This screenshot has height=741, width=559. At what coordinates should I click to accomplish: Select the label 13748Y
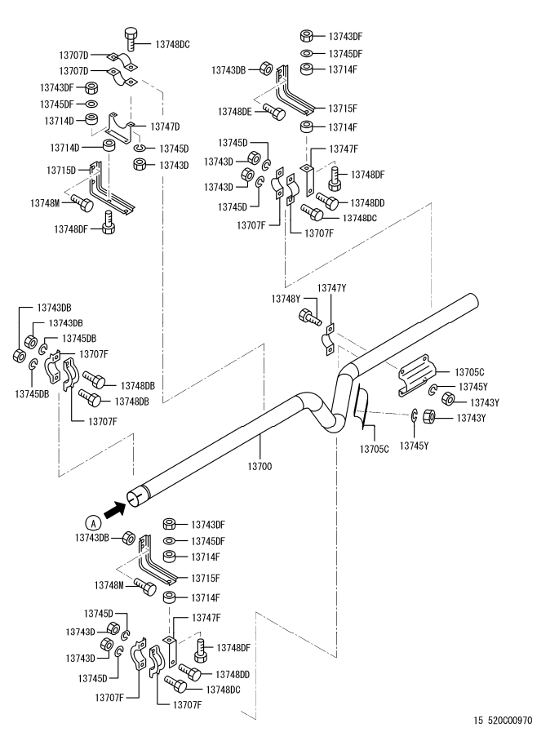point(286,300)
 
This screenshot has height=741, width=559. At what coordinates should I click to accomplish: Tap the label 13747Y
point(332,288)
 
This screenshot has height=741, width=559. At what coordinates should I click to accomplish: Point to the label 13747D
point(166,126)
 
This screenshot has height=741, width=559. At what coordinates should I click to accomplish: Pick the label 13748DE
point(234,111)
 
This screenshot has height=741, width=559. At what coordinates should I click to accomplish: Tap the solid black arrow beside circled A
point(115,509)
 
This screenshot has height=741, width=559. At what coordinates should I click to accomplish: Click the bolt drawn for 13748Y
point(308,316)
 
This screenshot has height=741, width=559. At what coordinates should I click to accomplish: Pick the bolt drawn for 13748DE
point(273,113)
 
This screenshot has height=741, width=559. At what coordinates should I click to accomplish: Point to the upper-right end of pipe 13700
point(471,303)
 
